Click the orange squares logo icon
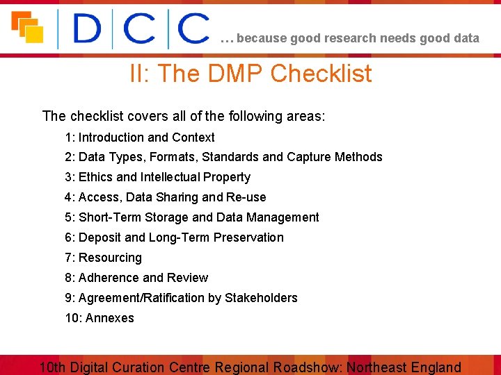pyautogui.click(x=26, y=27)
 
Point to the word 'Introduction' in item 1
pyautogui.click(x=111, y=137)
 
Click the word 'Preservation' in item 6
pyautogui.click(x=248, y=237)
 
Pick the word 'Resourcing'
pyautogui.click(x=110, y=258)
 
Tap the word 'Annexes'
pyautogui.click(x=109, y=318)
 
